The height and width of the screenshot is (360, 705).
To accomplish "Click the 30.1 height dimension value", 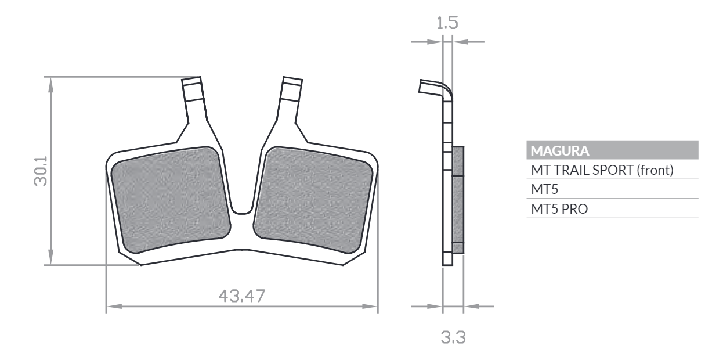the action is tap(41, 171).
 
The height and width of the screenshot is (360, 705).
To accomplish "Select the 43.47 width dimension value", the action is tap(242, 296).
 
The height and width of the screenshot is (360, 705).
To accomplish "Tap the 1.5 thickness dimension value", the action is tap(447, 23).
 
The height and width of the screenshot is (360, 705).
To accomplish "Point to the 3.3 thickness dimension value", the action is tap(453, 337).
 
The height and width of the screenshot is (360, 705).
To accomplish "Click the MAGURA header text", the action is tap(559, 150).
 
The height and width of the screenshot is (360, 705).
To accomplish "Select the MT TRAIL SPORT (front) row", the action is tap(602, 170).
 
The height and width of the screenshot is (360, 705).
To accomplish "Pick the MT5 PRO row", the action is tap(559, 209).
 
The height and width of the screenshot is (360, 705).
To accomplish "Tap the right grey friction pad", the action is tap(313, 199).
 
